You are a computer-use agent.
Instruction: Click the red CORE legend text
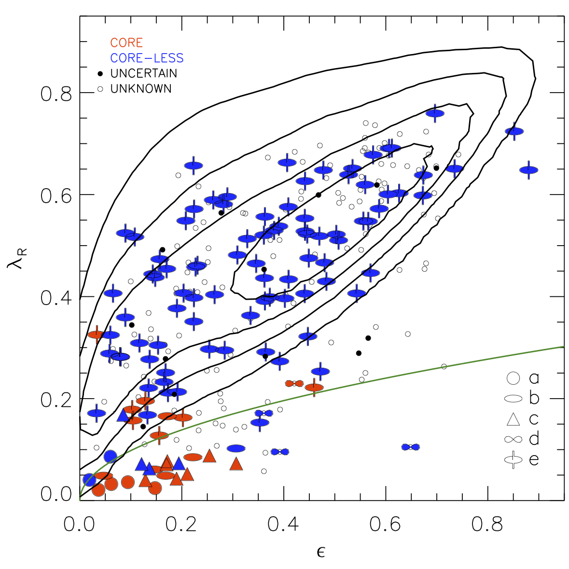[x=126, y=43]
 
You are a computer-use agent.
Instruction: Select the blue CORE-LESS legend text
[x=147, y=58]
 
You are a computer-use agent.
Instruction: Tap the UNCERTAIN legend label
[x=143, y=73]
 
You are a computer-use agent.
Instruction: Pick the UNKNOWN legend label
[x=140, y=89]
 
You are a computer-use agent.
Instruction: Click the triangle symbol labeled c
[x=513, y=419]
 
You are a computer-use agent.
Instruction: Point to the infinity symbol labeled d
[x=513, y=439]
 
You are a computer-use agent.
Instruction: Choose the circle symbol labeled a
[x=513, y=378]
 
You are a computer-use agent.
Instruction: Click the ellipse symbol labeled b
[x=513, y=399]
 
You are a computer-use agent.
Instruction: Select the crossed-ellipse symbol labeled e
[x=513, y=459]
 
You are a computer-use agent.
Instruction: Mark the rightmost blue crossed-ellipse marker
[x=529, y=170]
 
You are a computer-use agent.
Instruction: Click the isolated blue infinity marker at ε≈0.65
[x=411, y=447]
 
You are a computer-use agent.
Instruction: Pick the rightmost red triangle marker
[x=236, y=464]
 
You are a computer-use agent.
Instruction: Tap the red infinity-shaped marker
[x=294, y=384]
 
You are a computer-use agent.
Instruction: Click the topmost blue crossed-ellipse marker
[x=435, y=113]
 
